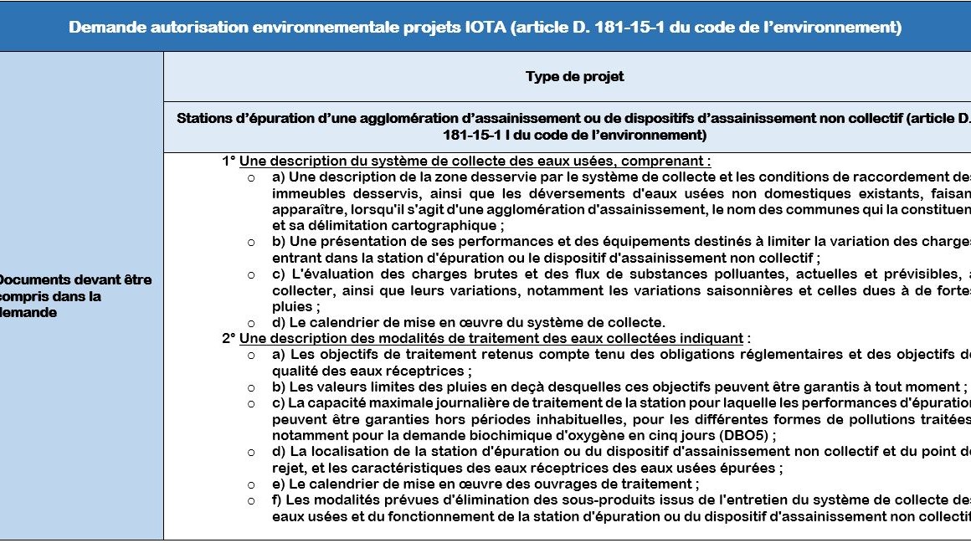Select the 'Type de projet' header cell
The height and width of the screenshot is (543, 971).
574,77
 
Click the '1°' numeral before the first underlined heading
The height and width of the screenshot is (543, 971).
229,161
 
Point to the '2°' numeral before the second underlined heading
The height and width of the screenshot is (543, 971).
229,338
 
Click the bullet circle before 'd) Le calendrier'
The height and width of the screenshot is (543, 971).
251,322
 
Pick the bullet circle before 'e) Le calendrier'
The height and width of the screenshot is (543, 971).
251,484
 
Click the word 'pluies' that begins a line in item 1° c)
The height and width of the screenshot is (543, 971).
290,306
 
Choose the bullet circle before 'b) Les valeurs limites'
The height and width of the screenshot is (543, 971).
251,387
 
